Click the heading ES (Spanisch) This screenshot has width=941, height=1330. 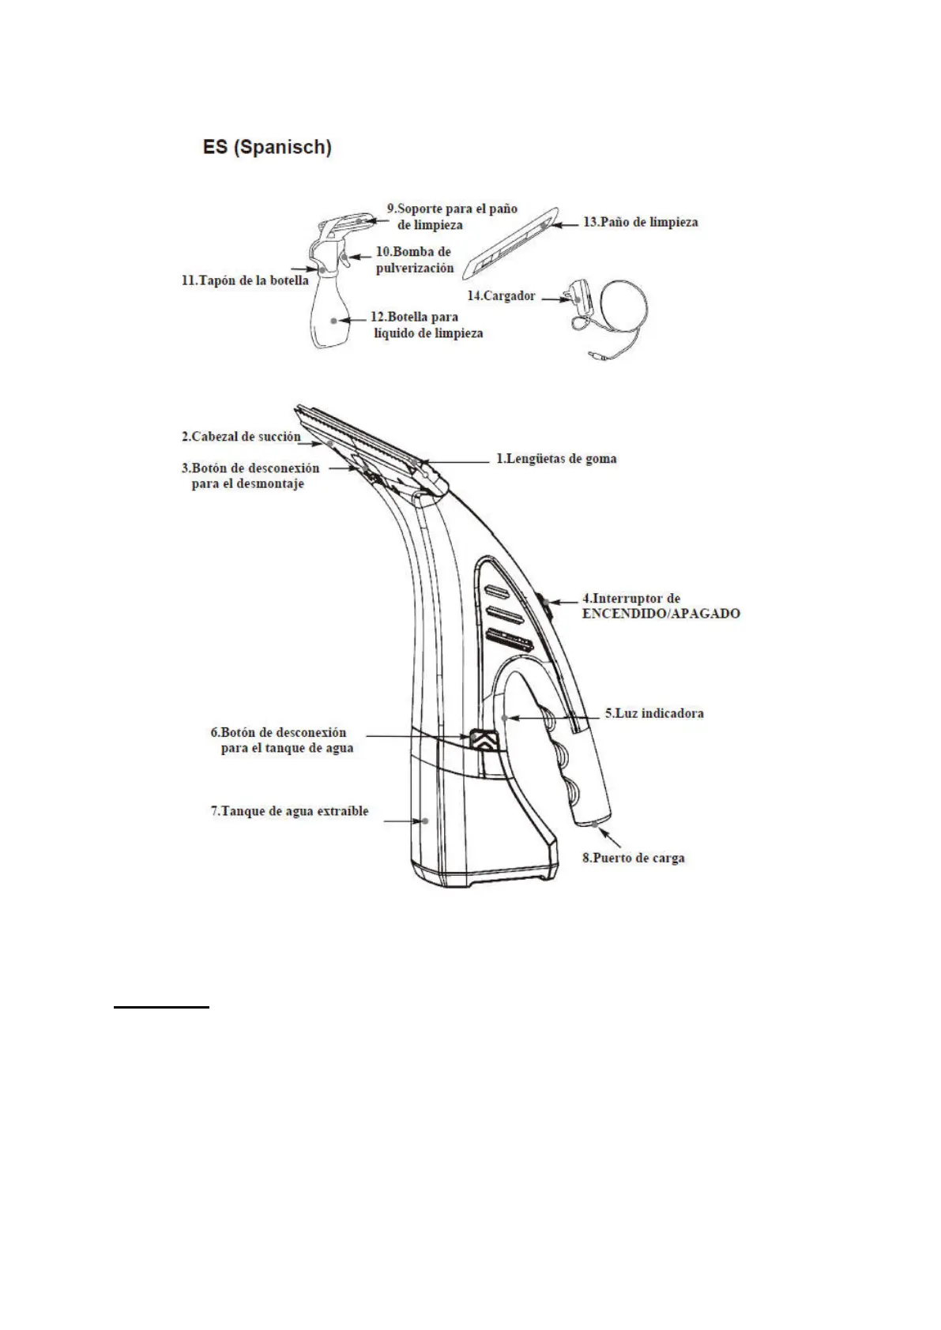266,148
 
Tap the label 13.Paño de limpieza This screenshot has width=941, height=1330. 640,223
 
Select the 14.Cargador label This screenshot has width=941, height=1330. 501,296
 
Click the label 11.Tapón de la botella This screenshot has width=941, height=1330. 245,280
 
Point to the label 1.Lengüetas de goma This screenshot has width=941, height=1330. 556,459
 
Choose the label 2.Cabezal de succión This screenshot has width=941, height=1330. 241,437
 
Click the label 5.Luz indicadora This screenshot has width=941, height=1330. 654,713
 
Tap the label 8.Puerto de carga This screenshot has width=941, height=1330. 634,858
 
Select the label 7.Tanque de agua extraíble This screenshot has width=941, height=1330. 289,811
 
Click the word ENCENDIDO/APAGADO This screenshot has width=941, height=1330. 661,614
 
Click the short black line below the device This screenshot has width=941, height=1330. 161,1007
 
